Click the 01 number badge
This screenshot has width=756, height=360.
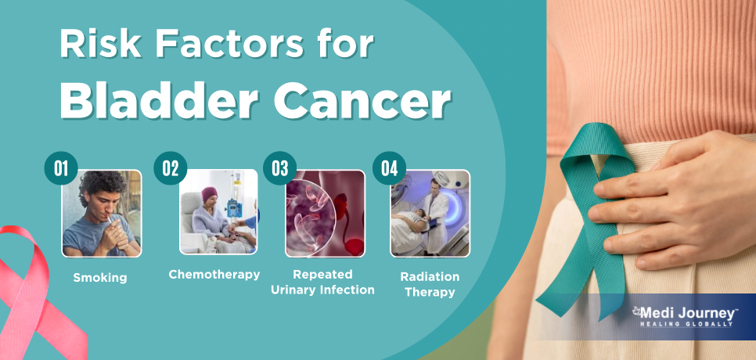[61, 168]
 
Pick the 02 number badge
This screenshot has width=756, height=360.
[170, 168]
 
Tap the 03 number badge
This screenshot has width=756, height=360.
[279, 168]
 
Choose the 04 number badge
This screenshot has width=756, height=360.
[389, 168]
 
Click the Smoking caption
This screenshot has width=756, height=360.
[100, 278]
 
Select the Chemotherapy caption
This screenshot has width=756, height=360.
[214, 275]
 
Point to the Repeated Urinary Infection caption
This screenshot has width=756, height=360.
[322, 283]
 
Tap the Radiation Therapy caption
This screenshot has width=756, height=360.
[430, 285]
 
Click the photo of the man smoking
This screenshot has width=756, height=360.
[102, 214]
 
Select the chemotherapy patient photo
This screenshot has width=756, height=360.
[218, 211]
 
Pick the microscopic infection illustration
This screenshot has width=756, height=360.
[325, 214]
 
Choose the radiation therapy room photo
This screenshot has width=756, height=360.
[430, 213]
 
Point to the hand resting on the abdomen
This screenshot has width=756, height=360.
[675, 197]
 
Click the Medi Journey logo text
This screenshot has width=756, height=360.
[685, 314]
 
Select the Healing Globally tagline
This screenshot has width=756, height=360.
[686, 324]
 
